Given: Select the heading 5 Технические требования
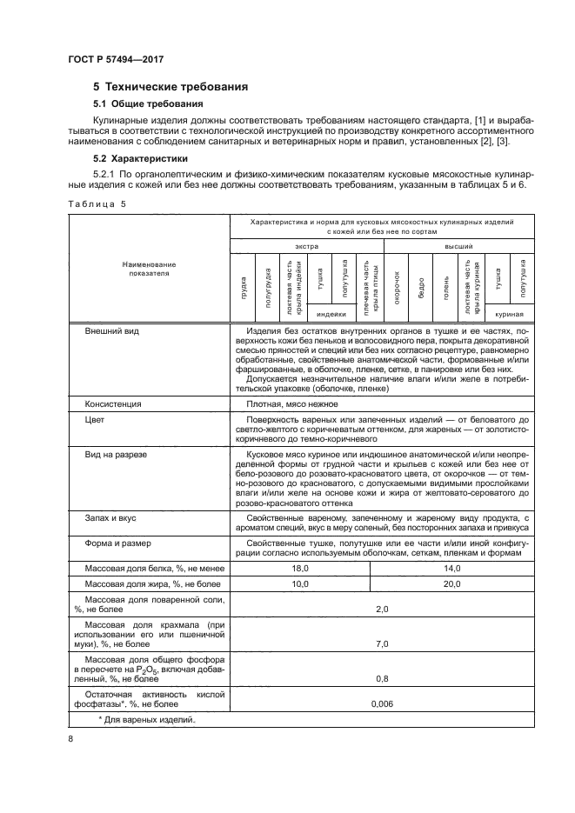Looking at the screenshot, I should pyautogui.click(x=170, y=87).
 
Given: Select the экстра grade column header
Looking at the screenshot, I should pyautogui.click(x=305, y=247).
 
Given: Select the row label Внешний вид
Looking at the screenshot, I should pyautogui.click(x=112, y=331).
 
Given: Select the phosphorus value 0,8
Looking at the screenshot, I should pyautogui.click(x=380, y=678).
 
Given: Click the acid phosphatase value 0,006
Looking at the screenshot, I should pyautogui.click(x=380, y=703).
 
